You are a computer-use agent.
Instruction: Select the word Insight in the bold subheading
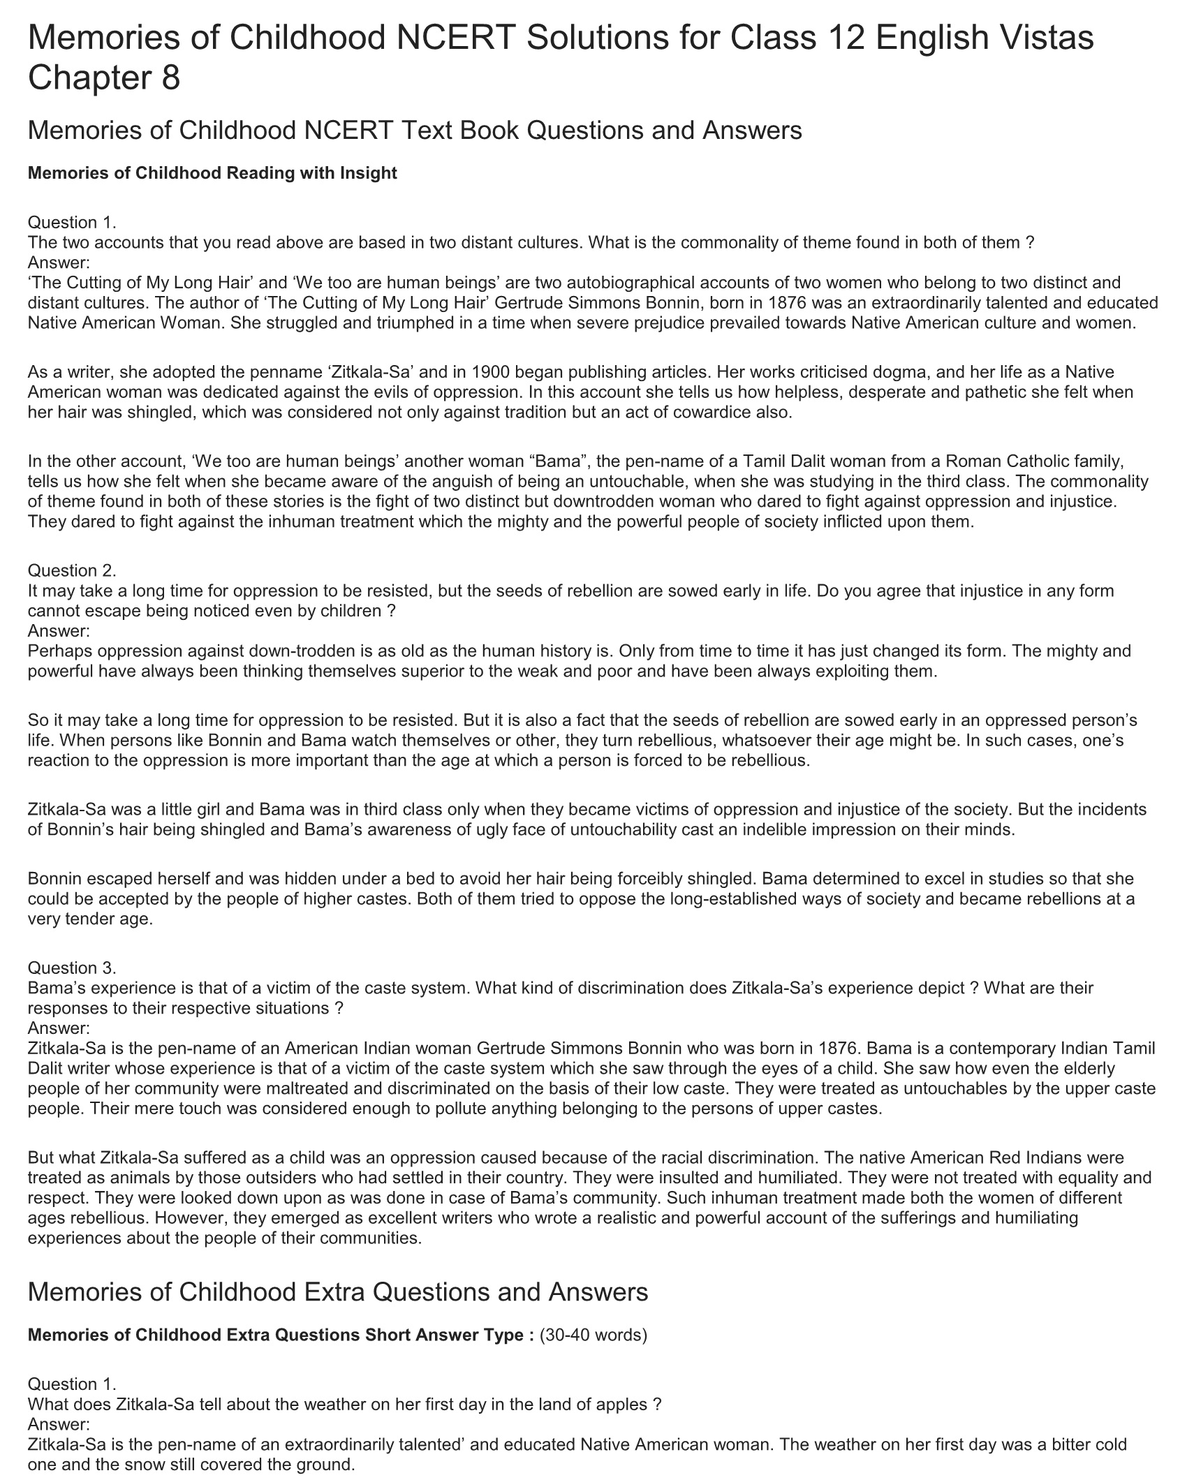pyautogui.click(x=368, y=173)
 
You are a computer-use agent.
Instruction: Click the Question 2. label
pyautogui.click(x=72, y=570)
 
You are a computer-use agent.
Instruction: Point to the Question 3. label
pyautogui.click(x=72, y=968)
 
